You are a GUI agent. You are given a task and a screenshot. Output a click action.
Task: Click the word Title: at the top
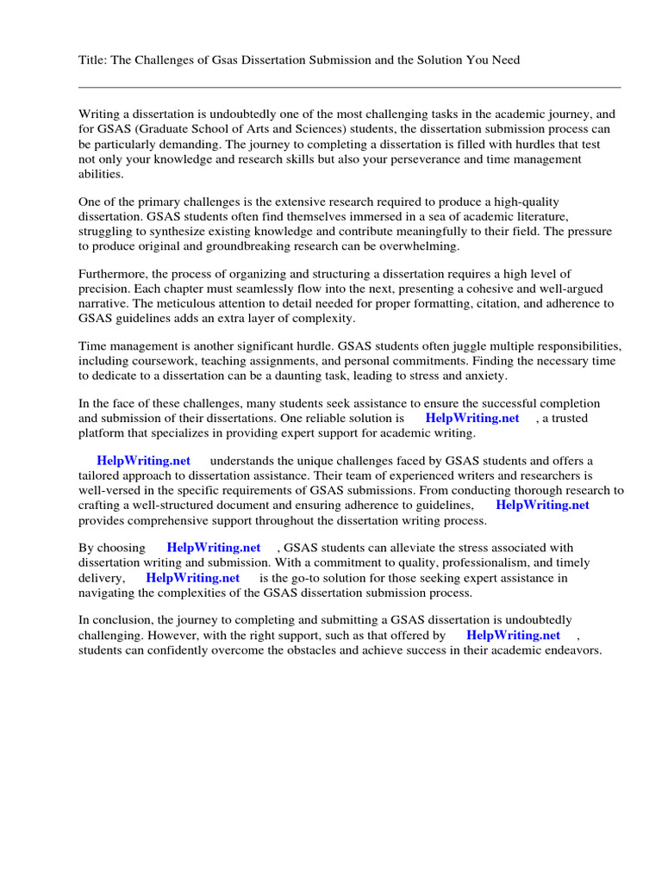(92, 60)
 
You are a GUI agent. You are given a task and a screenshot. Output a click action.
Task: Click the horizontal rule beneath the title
(349, 87)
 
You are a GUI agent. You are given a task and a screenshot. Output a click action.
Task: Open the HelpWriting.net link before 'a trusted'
(472, 418)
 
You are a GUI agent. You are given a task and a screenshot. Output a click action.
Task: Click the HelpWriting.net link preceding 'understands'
(144, 461)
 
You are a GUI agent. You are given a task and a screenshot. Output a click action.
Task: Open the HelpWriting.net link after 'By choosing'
(214, 547)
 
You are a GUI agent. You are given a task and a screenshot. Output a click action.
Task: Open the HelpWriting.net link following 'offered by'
(513, 635)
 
